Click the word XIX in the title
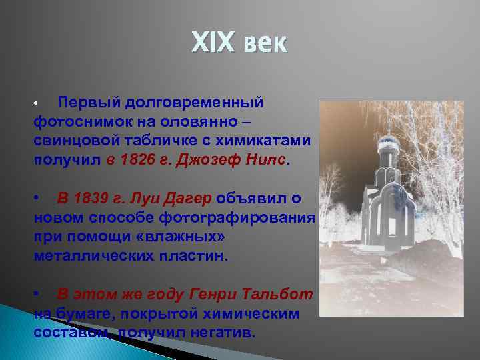point(213,44)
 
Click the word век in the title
point(265,44)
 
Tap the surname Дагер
point(187,199)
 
